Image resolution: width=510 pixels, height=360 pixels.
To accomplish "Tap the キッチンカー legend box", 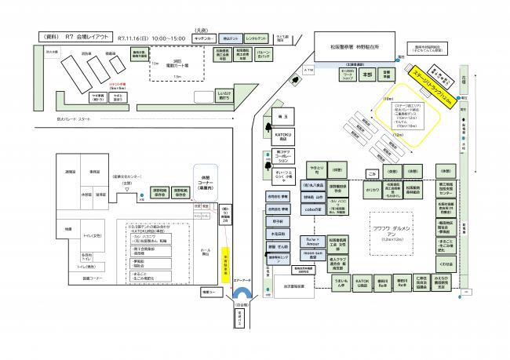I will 206,38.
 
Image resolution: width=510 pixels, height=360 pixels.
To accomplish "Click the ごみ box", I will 372,171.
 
